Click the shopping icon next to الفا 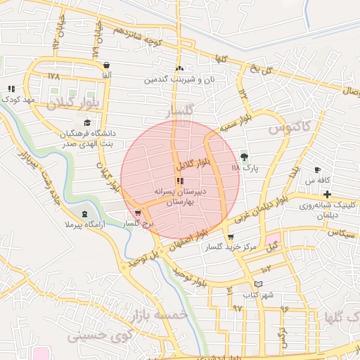pos(106,65)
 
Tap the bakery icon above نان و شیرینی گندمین pos(180,69)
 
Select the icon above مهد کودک pos(11,89)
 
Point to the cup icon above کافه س pos(318,169)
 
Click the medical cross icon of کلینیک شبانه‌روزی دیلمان pos(328,193)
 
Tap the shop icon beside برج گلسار pos(138,213)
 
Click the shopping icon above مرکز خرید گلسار pos(231,237)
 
